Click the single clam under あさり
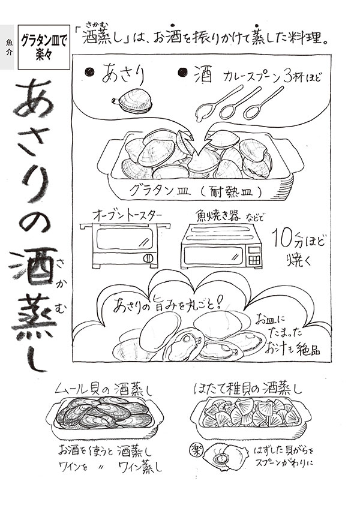136,101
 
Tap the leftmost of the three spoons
212,105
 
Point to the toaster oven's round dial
149,258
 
